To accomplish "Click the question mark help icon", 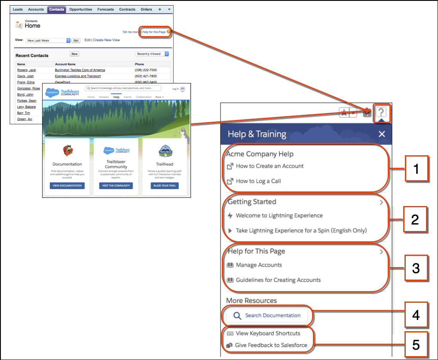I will pyautogui.click(x=382, y=113).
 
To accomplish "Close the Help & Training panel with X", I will pyautogui.click(x=382, y=134).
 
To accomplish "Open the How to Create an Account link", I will pyautogui.click(x=270, y=166).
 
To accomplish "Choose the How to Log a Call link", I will pyautogui.click(x=258, y=181).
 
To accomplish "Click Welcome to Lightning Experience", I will pyautogui.click(x=279, y=215).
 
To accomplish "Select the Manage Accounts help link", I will pyautogui.click(x=259, y=265).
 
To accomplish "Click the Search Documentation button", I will pyautogui.click(x=267, y=316).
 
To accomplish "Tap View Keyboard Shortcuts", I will pyautogui.click(x=268, y=333).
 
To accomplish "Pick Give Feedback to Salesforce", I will pyautogui.click(x=271, y=345).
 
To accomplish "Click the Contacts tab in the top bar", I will pyautogui.click(x=56, y=9).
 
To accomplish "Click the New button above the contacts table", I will pyautogui.click(x=74, y=54).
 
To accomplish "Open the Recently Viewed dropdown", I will pyautogui.click(x=152, y=54).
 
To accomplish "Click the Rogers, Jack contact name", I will pyautogui.click(x=27, y=70).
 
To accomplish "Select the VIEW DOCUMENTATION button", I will pyautogui.click(x=67, y=186).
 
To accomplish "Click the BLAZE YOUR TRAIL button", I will pyautogui.click(x=165, y=186).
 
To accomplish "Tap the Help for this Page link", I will pyautogui.click(x=154, y=32).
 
